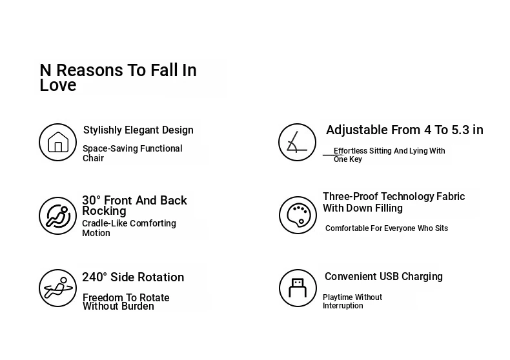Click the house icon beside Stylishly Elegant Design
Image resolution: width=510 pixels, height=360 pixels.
[58, 142]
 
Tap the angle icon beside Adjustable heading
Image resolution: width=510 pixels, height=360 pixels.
[297, 142]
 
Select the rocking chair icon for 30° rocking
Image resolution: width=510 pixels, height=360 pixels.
[58, 215]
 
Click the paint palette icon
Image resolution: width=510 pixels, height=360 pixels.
[298, 215]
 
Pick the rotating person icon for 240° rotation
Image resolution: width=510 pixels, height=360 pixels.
[58, 288]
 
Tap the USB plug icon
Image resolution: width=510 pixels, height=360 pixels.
[298, 288]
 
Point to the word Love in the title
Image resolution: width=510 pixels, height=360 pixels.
[58, 85]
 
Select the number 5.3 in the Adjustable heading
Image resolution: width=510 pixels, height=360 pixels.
[460, 130]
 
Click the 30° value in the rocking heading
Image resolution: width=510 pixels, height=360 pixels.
[92, 201]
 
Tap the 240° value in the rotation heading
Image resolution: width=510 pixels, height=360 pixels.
[94, 277]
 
